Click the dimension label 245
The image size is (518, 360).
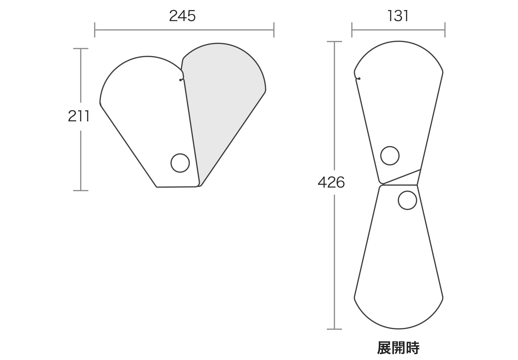pos(182,16)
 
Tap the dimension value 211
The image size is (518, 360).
pos(78,116)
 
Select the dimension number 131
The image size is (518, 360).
pos(398,16)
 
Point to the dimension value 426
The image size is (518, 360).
pos(331,183)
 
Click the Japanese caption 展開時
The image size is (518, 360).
pos(398,348)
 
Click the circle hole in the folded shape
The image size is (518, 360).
pos(180,163)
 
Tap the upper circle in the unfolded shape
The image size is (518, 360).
pos(390,156)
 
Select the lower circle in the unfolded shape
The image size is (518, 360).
pos(408,201)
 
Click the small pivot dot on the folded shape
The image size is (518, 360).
pos(181,80)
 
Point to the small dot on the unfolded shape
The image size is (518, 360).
pos(359,78)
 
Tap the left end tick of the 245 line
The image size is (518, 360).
pos(95,30)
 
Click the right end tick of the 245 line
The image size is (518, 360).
pos(274,30)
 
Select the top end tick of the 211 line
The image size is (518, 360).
pos(81,49)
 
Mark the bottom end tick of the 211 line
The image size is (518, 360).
pos(81,190)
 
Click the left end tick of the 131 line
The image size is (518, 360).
pos(352,30)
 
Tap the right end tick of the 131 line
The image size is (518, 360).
pos(445,30)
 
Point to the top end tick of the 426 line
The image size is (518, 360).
pos(335,42)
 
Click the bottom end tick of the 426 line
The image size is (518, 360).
pos(335,329)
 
